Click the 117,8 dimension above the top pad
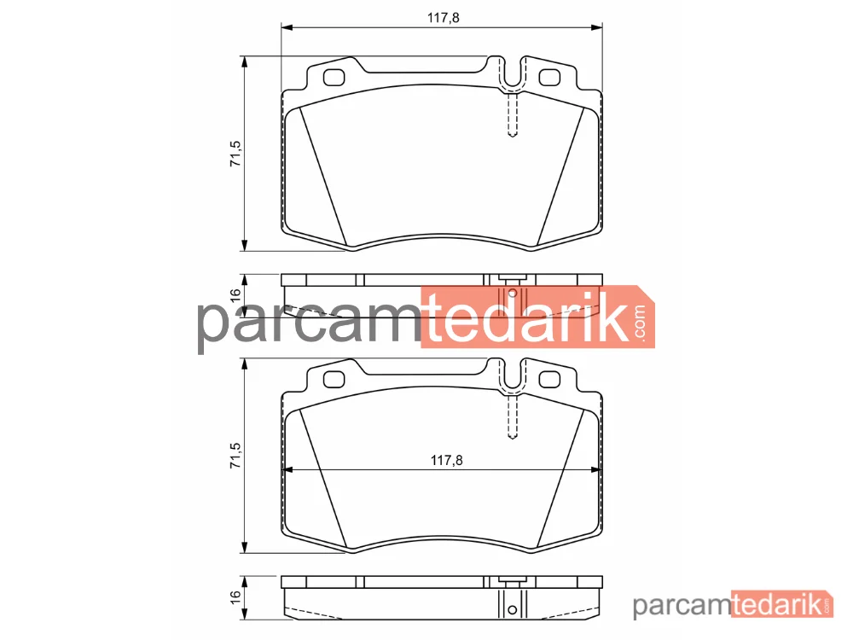click(443, 18)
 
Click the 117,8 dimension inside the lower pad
click(446, 461)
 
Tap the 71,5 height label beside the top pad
click(235, 154)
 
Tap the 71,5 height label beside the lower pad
click(235, 456)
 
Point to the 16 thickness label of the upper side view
click(235, 295)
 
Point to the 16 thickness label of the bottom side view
click(235, 597)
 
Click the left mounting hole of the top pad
click(334, 78)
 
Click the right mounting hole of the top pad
click(549, 78)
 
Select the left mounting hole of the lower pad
click(334, 380)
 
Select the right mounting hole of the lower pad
click(549, 380)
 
